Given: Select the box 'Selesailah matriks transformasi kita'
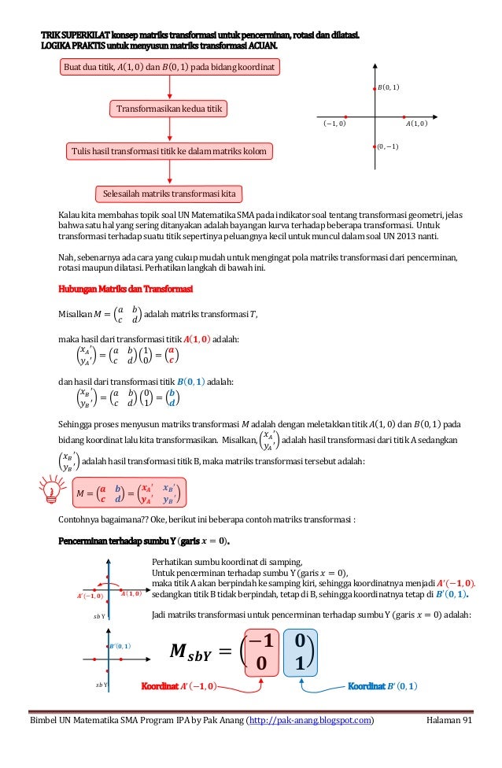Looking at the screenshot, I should pyautogui.click(x=168, y=193).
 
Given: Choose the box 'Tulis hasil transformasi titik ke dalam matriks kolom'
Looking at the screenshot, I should pyautogui.click(x=168, y=150).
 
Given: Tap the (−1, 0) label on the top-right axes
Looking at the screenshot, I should pyautogui.click(x=334, y=124).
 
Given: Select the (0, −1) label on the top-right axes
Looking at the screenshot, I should pyautogui.click(x=386, y=146).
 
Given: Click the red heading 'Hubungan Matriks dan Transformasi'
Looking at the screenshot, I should pyautogui.click(x=120, y=290).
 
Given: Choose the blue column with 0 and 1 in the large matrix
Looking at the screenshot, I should pyautogui.click(x=298, y=652).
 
